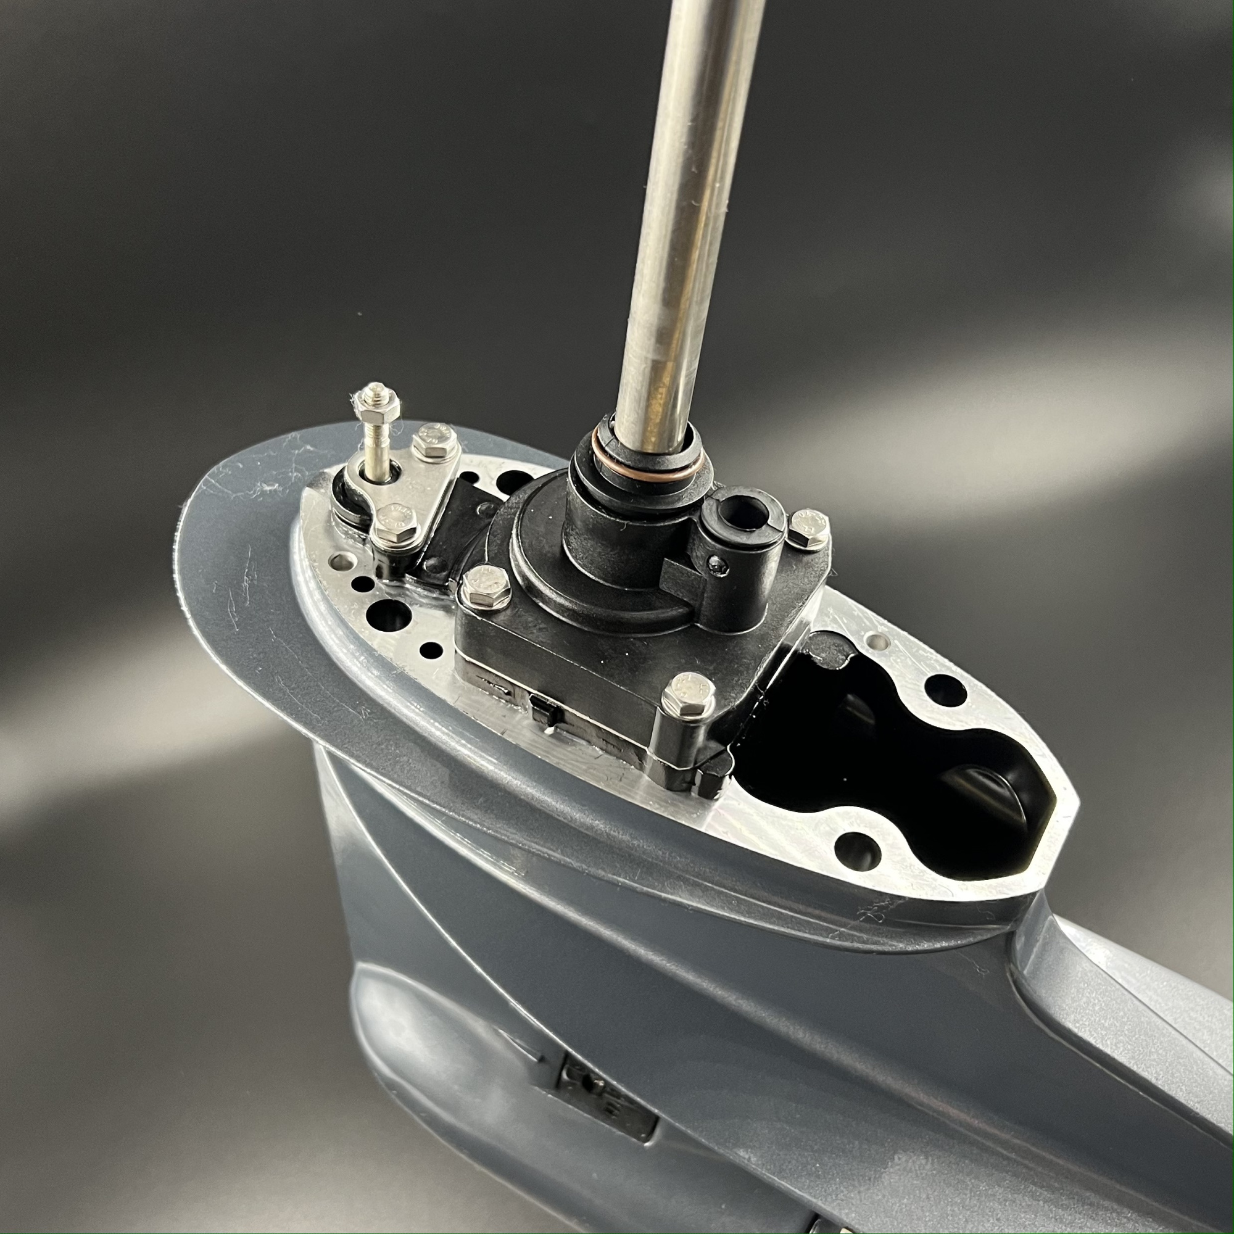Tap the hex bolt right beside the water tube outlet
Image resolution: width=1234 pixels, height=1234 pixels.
coord(808,528)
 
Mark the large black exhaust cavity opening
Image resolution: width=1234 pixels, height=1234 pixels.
coord(894,766)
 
